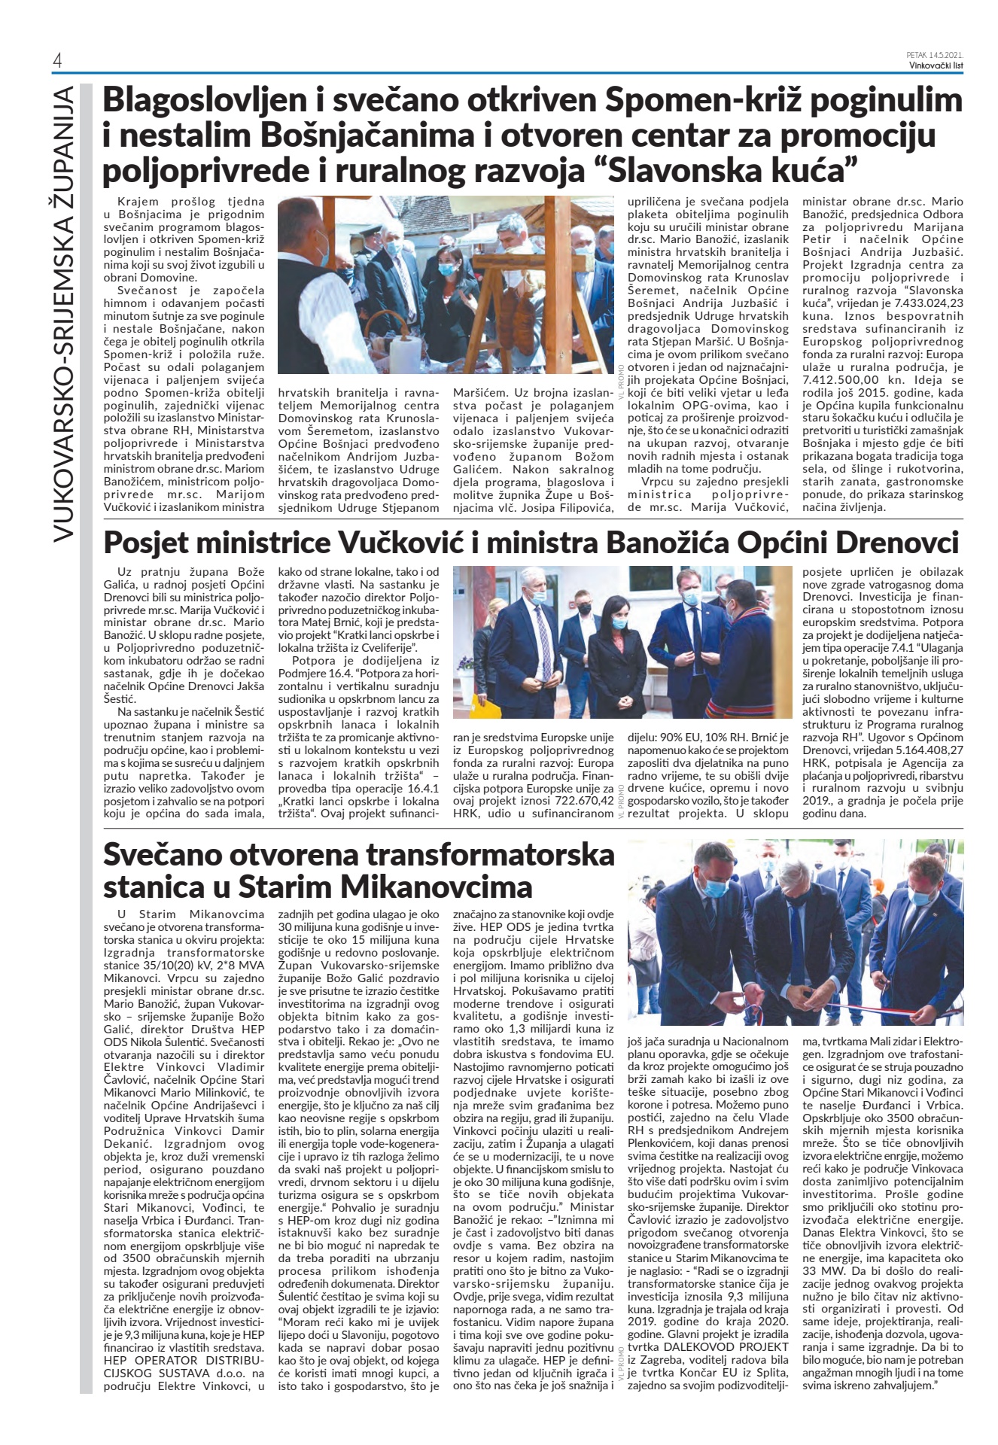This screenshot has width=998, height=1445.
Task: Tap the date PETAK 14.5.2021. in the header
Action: [936, 54]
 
